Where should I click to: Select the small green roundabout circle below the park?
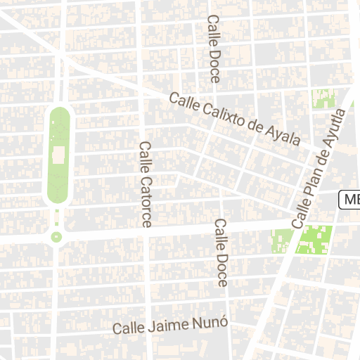tap(56, 237)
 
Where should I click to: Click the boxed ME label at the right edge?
tap(350, 200)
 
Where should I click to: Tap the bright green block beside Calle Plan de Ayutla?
tap(314, 240)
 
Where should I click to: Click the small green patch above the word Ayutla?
tap(322, 98)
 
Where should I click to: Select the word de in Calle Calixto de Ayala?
tap(259, 127)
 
